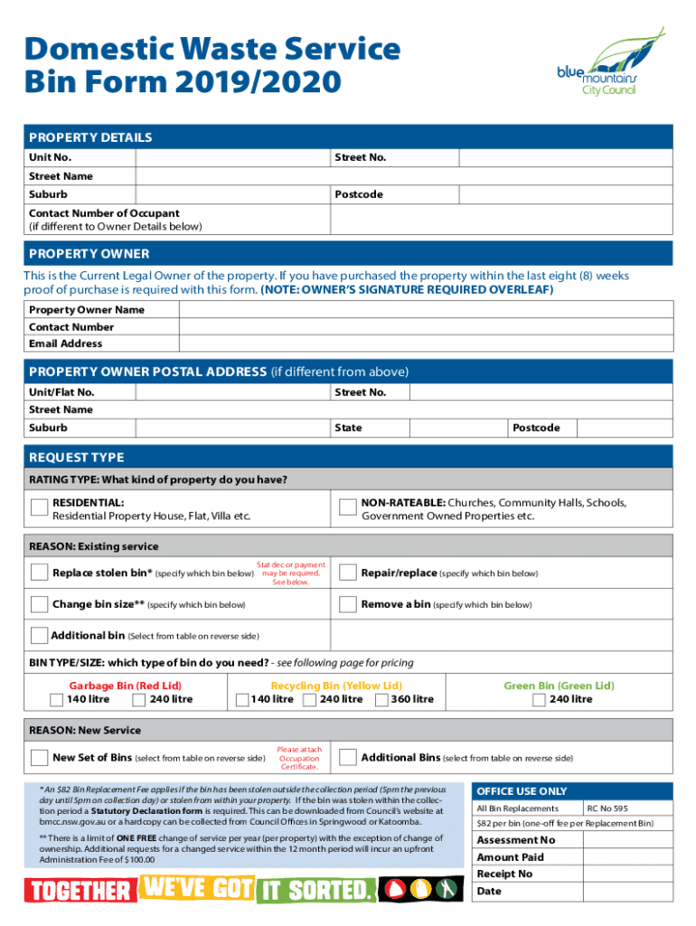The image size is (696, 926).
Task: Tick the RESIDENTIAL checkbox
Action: pyautogui.click(x=39, y=508)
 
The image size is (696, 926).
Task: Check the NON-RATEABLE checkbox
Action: pyautogui.click(x=346, y=508)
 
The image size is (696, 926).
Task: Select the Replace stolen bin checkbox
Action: pyautogui.click(x=39, y=572)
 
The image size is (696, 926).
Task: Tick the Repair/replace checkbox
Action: pyautogui.click(x=346, y=572)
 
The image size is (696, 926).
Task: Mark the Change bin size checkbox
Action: pyautogui.click(x=39, y=604)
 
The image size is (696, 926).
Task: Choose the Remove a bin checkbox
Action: pyautogui.click(x=346, y=604)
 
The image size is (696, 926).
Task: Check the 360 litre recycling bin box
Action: pyautogui.click(x=381, y=699)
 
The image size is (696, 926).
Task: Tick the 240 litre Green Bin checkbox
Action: pyautogui.click(x=539, y=699)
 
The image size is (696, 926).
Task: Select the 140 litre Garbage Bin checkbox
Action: pyautogui.click(x=57, y=699)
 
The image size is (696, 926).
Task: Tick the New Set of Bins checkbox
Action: pyautogui.click(x=39, y=757)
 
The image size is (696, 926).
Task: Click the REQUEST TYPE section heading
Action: pyautogui.click(x=77, y=457)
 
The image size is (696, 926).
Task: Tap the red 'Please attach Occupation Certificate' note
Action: pyautogui.click(x=299, y=758)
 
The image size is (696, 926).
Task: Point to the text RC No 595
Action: pyautogui.click(x=607, y=808)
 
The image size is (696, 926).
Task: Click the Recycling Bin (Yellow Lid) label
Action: pyautogui.click(x=336, y=685)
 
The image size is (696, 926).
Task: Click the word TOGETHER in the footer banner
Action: pyautogui.click(x=80, y=892)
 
